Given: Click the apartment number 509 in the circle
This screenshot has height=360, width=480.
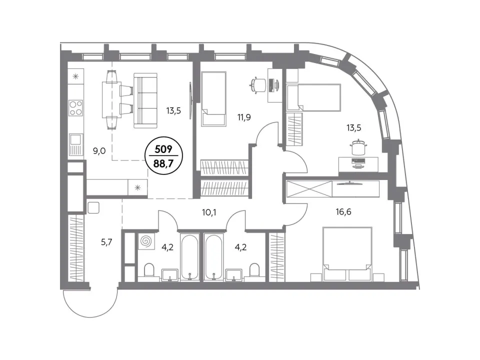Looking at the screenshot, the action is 163,149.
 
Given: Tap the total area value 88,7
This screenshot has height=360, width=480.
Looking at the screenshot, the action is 163,163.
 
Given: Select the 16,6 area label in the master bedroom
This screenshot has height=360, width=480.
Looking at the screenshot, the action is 343,211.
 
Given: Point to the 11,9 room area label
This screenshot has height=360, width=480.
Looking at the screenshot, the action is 244,117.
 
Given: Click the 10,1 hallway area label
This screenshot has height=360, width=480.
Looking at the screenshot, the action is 209,212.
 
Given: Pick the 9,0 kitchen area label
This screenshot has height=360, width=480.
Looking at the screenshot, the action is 99,150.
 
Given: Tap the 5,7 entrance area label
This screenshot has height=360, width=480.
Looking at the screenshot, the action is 106,242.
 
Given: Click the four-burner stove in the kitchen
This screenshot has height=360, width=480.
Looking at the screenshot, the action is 75,108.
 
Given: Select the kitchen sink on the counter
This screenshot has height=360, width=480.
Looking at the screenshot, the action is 75,144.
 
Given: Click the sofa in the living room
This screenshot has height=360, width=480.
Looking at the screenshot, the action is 145,100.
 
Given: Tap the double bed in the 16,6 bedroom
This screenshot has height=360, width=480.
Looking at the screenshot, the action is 347,253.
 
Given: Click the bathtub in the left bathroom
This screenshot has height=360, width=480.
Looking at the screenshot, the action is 190,257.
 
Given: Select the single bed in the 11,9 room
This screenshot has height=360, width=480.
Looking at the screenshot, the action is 213,99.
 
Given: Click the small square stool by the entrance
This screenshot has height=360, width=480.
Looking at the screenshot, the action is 93,207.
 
